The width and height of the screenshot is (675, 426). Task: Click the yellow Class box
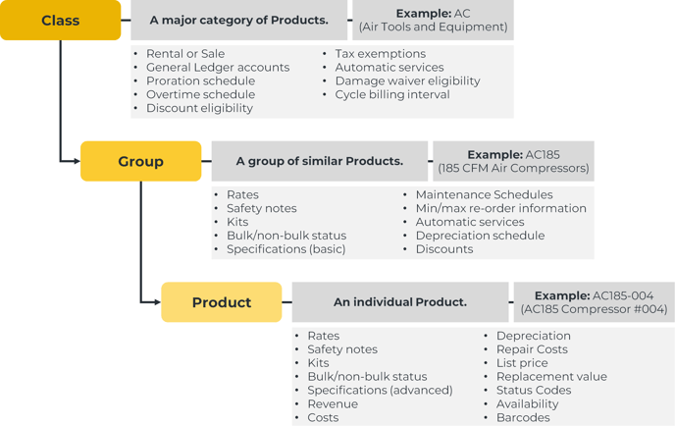(60, 20)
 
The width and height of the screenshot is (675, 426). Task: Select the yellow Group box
(140, 161)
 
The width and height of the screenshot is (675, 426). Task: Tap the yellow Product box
(221, 302)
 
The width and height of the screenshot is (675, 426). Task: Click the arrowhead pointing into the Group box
(76, 161)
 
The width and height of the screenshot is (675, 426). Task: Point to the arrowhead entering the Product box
(156, 302)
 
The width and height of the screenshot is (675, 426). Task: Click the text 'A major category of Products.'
(238, 20)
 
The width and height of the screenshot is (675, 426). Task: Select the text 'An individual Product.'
(400, 302)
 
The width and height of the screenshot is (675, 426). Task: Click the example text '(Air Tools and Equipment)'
(433, 27)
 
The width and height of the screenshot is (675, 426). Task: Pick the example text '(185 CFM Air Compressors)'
(513, 169)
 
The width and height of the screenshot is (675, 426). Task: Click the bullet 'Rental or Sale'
(184, 54)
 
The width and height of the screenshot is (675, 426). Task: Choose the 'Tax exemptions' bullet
(380, 54)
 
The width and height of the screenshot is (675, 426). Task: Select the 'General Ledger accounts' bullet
(217, 68)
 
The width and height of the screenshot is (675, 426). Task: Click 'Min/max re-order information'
(500, 208)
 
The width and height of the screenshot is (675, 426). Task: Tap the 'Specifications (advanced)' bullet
(380, 390)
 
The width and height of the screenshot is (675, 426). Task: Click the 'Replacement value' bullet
(550, 376)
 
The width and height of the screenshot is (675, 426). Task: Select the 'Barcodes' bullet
(522, 417)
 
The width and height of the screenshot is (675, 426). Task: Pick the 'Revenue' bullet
(333, 403)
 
